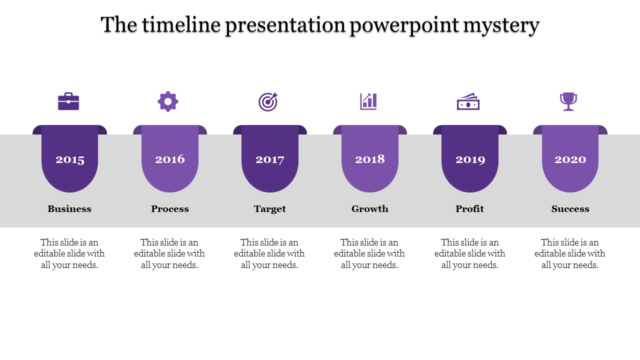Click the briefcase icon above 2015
[68, 101]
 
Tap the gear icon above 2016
[168, 101]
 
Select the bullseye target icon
[268, 101]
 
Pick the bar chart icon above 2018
[368, 101]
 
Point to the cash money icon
[468, 101]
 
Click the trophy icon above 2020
[568, 101]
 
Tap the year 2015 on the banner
[70, 159]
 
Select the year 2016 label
[170, 159]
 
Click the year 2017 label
[270, 159]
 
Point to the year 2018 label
[370, 159]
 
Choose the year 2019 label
[470, 159]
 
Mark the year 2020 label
[570, 159]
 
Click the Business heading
[69, 209]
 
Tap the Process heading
[170, 209]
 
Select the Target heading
[270, 209]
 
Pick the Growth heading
[370, 209]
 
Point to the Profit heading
[469, 209]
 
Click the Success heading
[570, 209]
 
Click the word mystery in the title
[501, 25]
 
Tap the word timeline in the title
[181, 24]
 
